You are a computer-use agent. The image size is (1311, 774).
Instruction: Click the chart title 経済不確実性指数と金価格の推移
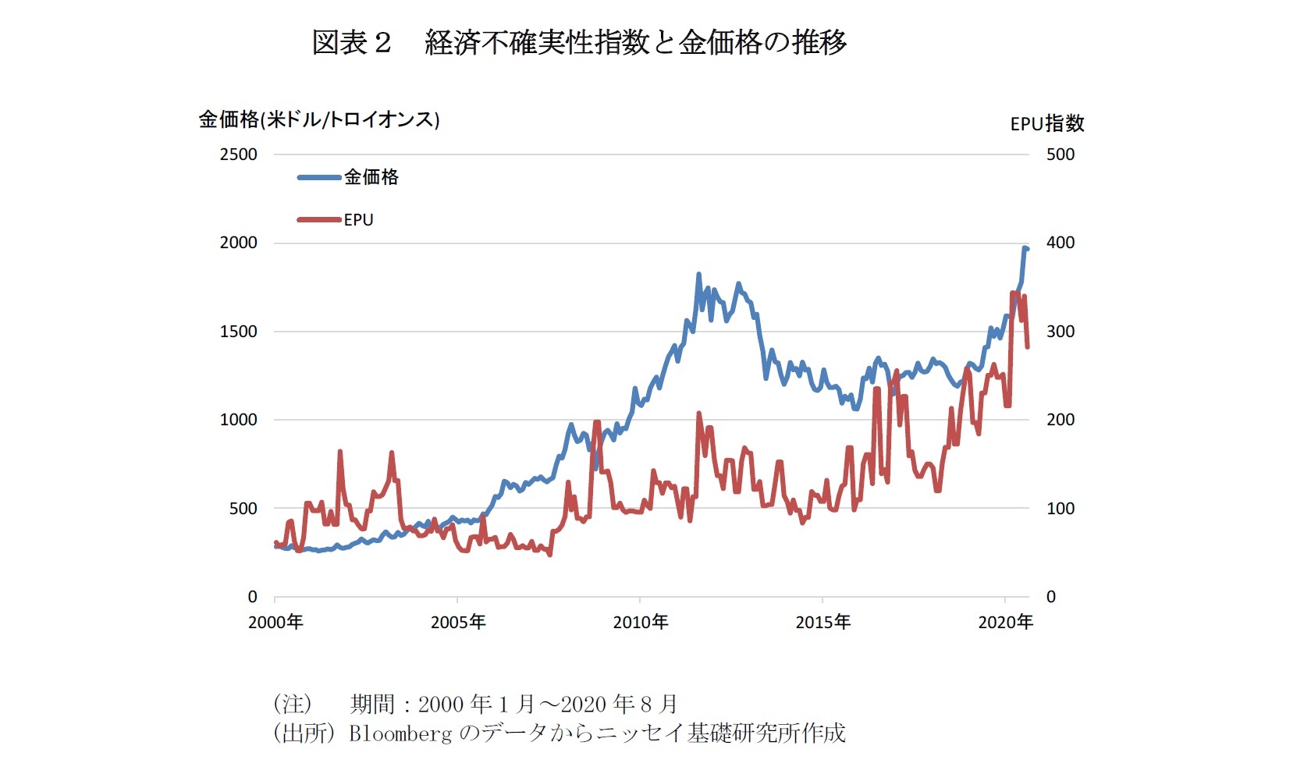point(635,42)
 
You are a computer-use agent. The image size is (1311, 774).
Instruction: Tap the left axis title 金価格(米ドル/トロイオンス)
point(319,119)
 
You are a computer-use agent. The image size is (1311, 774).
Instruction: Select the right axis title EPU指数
point(1046,123)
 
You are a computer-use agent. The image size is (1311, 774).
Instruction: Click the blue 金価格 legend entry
point(371,177)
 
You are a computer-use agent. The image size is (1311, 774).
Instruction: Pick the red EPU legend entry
point(358,220)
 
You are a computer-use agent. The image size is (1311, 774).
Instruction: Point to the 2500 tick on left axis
point(238,154)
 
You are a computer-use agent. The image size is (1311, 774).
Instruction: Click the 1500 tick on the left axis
point(238,332)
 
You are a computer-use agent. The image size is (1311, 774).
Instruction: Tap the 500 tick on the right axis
point(1060,154)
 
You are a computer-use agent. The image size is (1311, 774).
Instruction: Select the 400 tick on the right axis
point(1060,243)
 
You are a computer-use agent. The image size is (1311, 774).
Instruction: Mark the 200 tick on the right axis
point(1060,420)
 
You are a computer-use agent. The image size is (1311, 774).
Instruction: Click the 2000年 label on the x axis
point(275,622)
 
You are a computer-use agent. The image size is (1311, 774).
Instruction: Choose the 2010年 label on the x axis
point(641,622)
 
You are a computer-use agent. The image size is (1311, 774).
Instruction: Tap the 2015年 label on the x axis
point(823,622)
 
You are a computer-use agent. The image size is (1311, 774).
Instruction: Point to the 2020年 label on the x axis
point(1005,622)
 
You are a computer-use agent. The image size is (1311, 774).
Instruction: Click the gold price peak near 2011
point(698,275)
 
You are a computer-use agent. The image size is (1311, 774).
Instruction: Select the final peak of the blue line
point(1025,248)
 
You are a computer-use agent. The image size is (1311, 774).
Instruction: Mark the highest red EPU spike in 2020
point(1014,293)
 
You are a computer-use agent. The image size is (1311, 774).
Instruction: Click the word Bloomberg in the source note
point(400,733)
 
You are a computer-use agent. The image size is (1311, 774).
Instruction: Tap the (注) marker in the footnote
point(293,704)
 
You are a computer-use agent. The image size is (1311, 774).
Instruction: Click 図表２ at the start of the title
point(350,42)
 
